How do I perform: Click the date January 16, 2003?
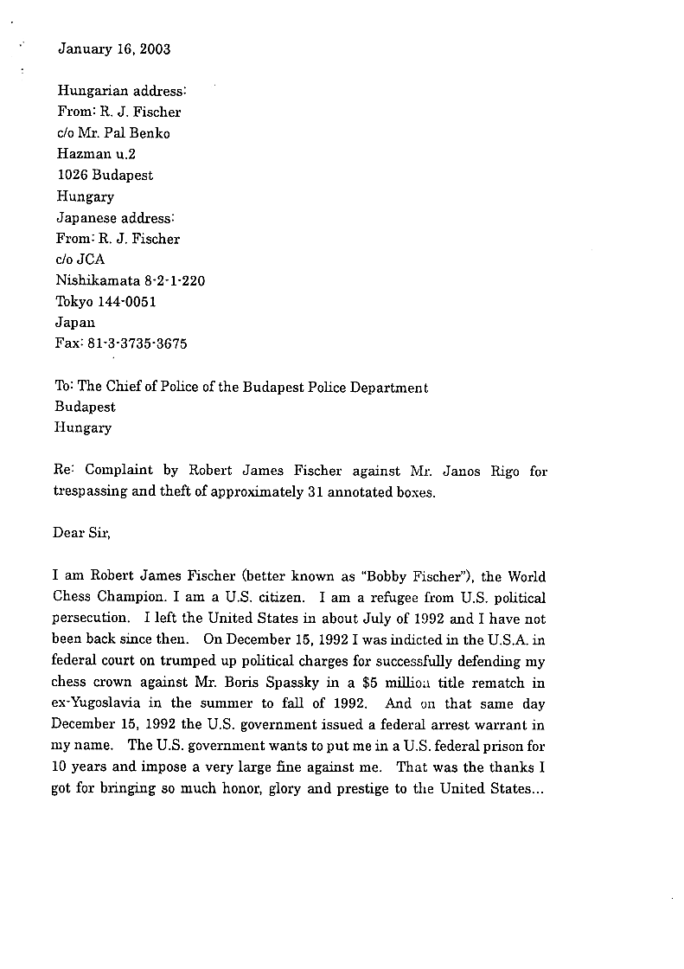point(114,49)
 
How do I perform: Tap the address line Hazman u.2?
point(96,154)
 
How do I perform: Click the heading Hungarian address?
point(122,90)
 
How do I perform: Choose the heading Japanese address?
point(115,217)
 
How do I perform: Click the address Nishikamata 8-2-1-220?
point(131,280)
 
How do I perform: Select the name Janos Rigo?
point(482,471)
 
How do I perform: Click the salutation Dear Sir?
point(82,533)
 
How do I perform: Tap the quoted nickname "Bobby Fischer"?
point(425,577)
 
